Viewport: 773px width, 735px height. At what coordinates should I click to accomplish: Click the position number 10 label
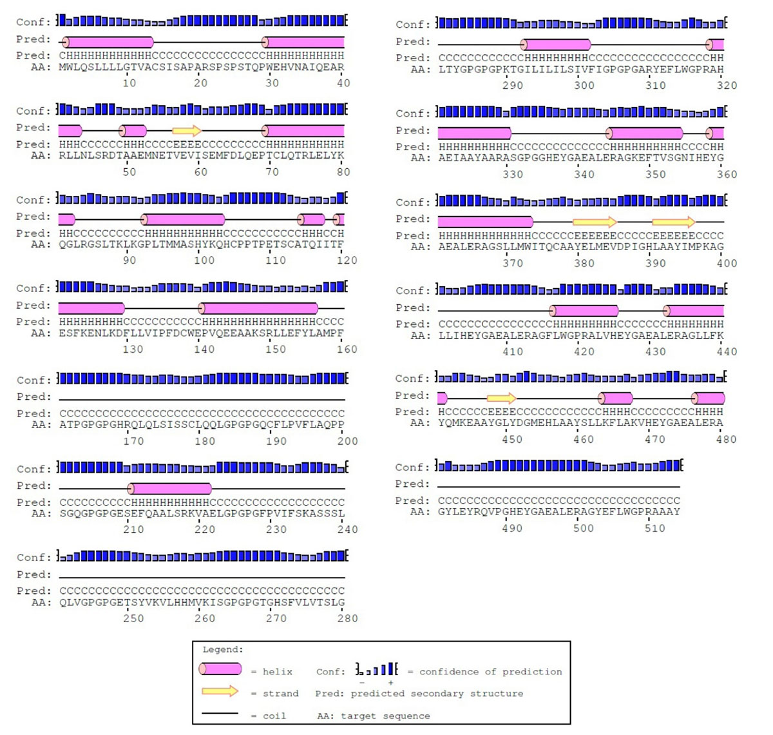129,83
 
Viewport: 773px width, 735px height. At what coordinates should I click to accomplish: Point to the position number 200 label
348,442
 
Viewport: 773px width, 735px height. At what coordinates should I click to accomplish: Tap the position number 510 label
654,529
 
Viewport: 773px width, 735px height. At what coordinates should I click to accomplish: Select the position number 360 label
727,175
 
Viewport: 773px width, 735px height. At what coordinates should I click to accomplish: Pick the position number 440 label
727,352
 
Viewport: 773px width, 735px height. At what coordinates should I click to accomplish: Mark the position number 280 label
348,619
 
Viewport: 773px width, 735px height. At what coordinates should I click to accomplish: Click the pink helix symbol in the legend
220,669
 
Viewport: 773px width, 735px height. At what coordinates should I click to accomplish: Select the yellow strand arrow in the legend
220,691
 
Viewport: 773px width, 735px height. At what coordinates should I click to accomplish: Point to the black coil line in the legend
220,714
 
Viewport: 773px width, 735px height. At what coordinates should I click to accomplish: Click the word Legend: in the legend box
223,650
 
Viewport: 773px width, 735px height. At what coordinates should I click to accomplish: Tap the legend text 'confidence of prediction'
491,672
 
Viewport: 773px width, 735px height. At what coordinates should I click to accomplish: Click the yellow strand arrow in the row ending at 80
187,131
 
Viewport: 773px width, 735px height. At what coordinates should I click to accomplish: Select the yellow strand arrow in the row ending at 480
501,398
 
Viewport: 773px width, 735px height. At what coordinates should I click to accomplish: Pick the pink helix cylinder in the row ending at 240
170,489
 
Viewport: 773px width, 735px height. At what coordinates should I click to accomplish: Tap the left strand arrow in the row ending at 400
594,222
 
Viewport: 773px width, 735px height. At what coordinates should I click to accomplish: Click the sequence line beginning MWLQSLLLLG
202,67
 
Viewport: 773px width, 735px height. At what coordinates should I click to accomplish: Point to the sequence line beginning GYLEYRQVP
558,512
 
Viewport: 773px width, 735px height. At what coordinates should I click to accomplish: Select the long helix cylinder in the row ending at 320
555,44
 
